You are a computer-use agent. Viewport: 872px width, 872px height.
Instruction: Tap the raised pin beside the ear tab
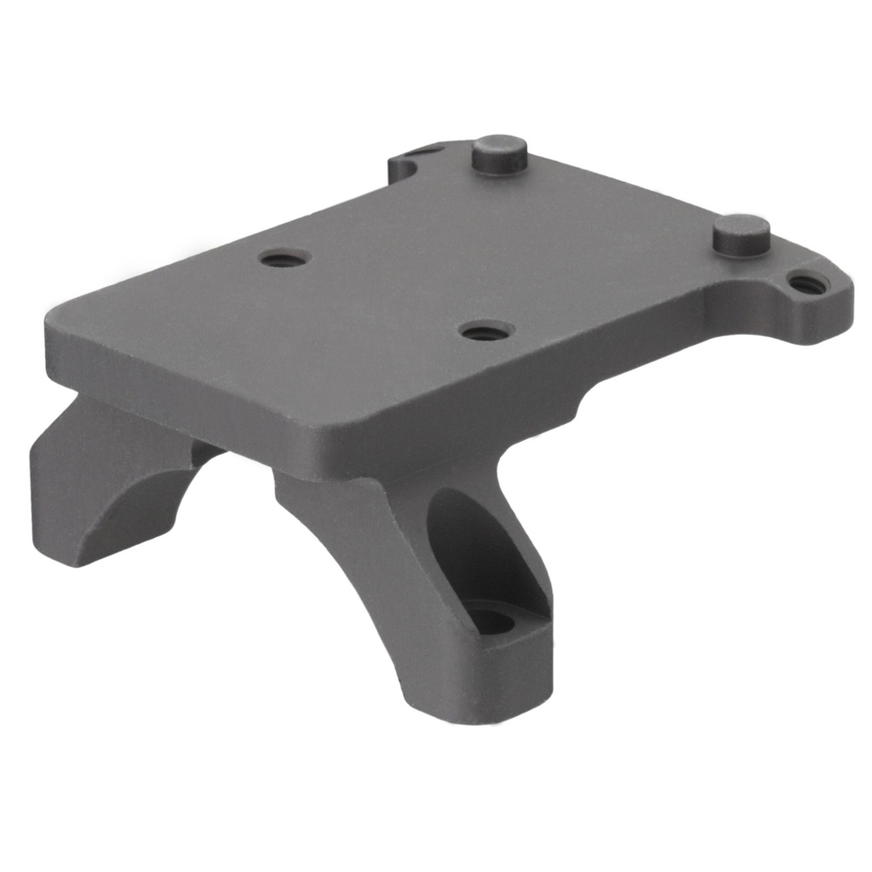[742, 235]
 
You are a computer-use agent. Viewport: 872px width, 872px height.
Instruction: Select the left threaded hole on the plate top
[283, 259]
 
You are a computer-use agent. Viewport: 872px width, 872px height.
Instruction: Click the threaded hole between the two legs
[483, 330]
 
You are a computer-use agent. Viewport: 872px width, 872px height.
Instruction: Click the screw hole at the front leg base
[491, 621]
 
